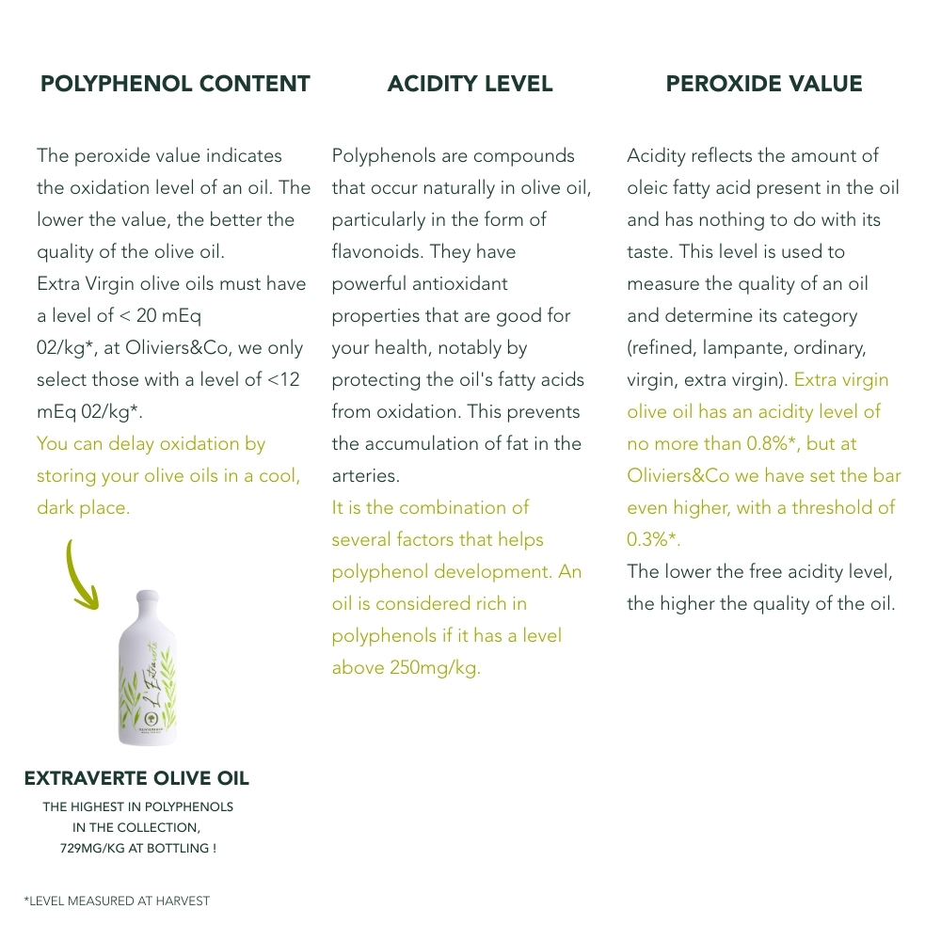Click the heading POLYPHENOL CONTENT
coord(175,84)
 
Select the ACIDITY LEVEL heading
coord(470,84)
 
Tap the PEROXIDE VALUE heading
coord(764,84)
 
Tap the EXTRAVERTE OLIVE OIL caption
coord(136,779)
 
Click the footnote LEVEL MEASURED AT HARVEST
coord(120,901)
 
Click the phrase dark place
coord(83,507)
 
